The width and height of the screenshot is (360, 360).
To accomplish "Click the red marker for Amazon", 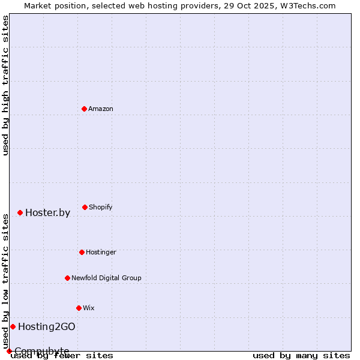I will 84,109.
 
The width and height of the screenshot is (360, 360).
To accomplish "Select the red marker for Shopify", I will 85,207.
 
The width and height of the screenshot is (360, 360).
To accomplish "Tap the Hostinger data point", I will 82,252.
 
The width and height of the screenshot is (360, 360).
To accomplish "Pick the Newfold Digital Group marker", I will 67,278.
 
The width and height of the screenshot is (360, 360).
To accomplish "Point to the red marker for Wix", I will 79,308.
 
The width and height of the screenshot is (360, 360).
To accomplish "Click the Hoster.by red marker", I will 20,212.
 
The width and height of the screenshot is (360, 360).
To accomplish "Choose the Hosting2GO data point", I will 13,326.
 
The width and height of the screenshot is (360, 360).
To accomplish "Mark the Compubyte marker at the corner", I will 9,351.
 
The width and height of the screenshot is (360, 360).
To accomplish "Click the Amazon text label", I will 101,109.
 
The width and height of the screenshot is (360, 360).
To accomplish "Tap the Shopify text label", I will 101,207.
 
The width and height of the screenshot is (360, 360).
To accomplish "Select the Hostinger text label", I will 101,252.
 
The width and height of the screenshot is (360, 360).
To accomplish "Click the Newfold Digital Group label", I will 106,278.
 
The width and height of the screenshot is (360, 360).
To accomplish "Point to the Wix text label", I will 89,308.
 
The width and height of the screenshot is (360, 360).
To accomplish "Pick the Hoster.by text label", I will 47,212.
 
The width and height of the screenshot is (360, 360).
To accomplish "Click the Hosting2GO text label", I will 46,326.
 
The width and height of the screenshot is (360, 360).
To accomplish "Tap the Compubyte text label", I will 42,351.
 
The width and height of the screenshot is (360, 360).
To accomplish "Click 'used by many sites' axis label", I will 301,355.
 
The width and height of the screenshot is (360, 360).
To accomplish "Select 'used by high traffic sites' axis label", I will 5,85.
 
